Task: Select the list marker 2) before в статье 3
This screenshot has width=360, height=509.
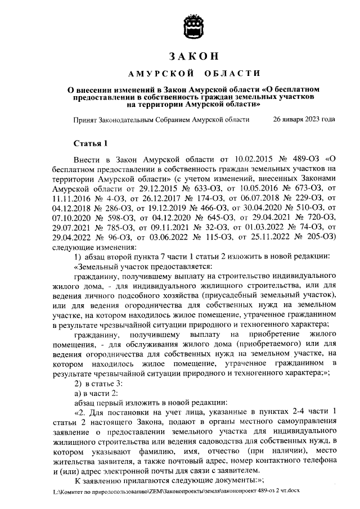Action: (79, 385)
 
